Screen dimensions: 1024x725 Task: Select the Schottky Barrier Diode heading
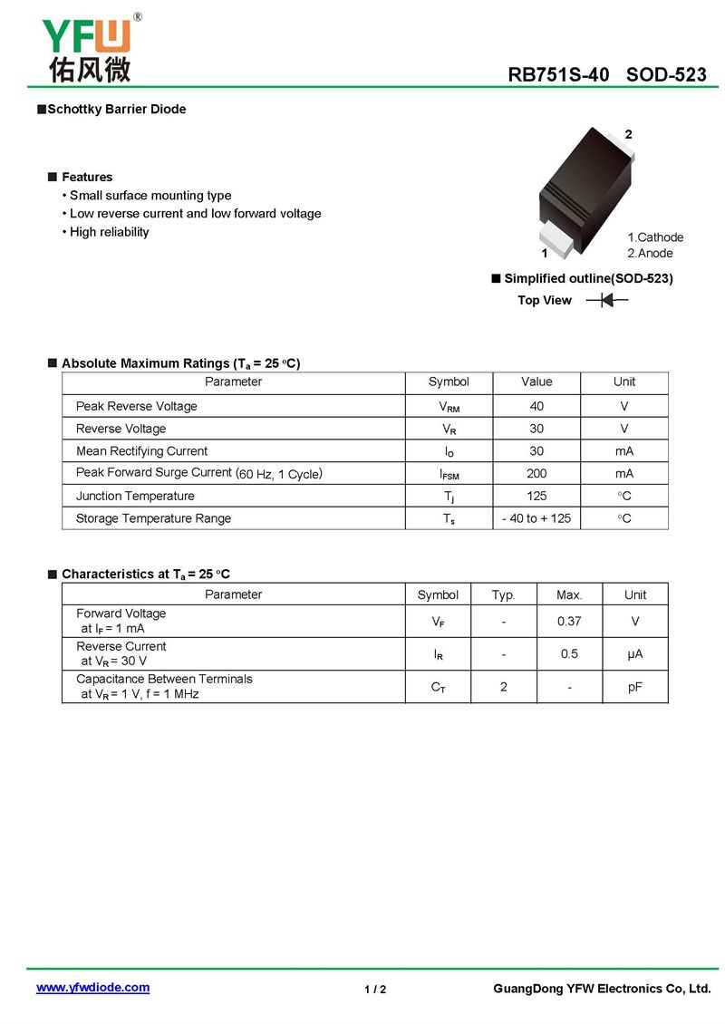point(116,110)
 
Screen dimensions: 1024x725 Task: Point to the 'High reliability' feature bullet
point(109,232)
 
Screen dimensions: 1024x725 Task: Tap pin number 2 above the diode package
point(628,134)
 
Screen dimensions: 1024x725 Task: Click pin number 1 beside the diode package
point(544,254)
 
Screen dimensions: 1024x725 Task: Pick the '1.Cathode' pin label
point(655,237)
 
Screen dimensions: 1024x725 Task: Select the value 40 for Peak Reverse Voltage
point(536,406)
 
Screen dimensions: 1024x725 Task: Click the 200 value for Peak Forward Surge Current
point(536,473)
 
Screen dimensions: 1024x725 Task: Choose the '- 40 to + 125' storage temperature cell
point(536,518)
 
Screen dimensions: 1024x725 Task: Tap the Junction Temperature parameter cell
point(135,496)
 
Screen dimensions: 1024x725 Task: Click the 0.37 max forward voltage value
point(569,622)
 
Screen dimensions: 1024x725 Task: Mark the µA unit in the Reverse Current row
point(635,654)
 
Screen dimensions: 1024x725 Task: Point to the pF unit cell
point(635,687)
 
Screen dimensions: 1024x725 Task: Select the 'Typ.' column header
point(503,594)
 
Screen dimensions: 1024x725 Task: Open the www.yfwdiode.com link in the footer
point(92,988)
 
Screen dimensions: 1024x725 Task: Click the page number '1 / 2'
point(375,990)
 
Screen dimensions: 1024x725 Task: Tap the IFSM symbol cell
point(449,474)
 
